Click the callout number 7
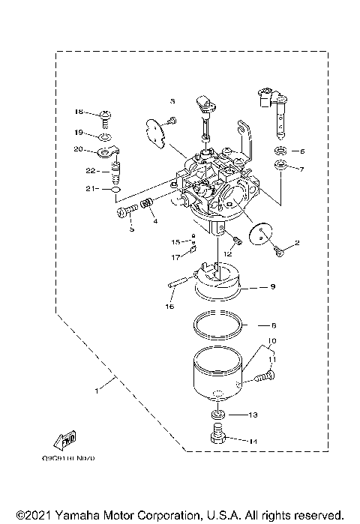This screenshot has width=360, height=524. pos(302,169)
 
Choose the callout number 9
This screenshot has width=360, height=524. pos(273,286)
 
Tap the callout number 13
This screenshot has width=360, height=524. pos(252,415)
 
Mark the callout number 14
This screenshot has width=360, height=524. pos(252,442)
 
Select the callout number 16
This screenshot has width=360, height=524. pos(169,307)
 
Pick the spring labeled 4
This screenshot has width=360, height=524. pos(147,203)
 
